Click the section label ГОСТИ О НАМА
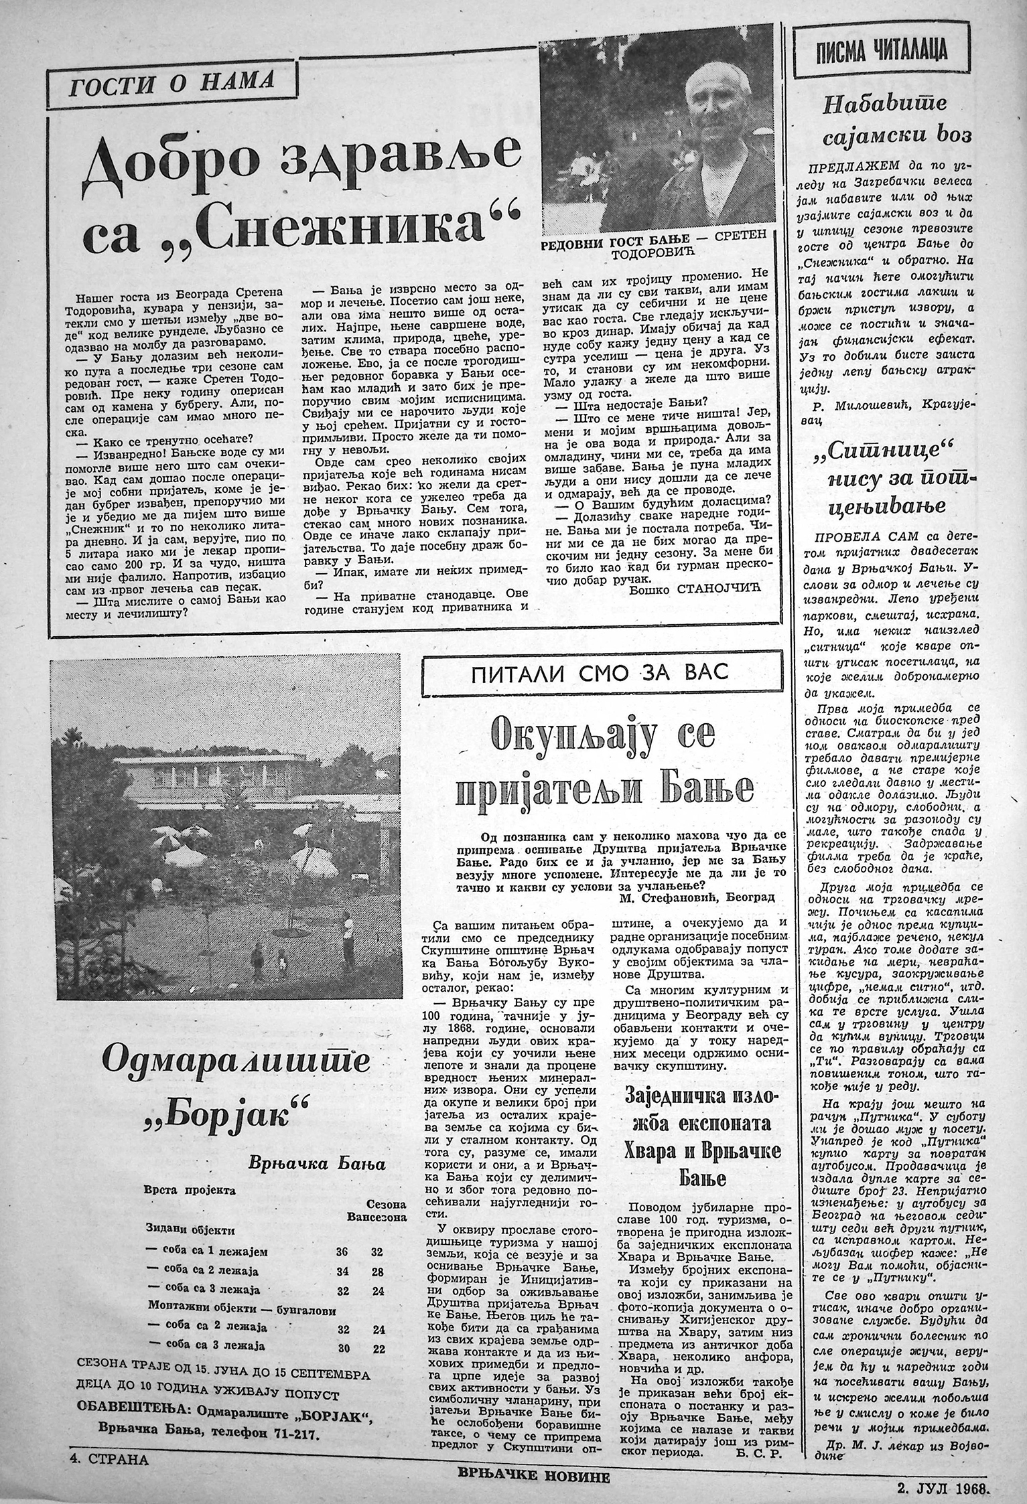click(x=172, y=84)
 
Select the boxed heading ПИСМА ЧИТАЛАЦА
click(x=882, y=52)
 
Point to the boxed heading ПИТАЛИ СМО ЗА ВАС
click(x=600, y=674)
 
